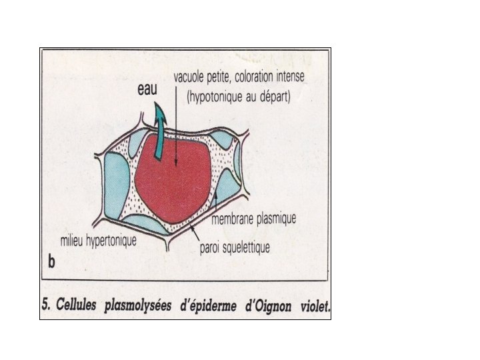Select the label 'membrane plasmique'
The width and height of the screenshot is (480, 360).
253,219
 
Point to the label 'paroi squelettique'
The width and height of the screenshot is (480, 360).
235,248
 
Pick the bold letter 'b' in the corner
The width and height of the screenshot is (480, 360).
51,263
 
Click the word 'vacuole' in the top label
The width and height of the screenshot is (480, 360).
191,77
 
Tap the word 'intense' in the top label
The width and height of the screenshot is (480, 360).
288,77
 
